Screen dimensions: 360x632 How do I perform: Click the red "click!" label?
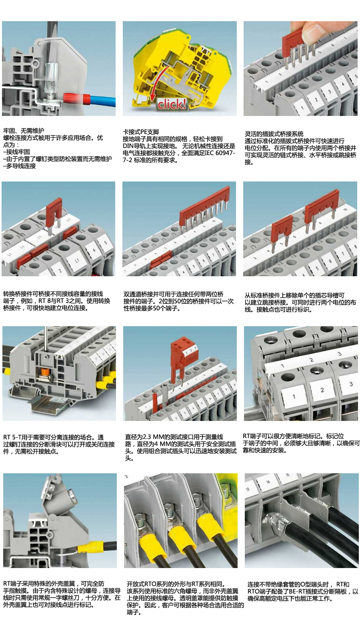click(x=171, y=104)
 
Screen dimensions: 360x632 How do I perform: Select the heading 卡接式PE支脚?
click(x=141, y=132)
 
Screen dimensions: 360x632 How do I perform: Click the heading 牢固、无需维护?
click(x=24, y=131)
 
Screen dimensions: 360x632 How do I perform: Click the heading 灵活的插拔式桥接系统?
click(x=274, y=134)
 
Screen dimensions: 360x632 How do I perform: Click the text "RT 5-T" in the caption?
click(x=12, y=437)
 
